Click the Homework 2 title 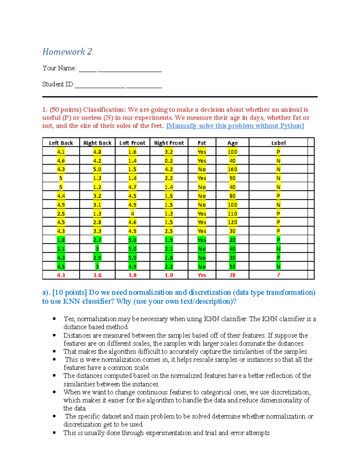tap(67, 52)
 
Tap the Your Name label tap(59, 68)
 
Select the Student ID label tap(58, 84)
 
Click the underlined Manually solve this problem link tap(235, 126)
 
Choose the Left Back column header tap(61, 143)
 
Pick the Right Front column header tap(169, 143)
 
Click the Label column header tap(278, 143)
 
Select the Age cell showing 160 tap(232, 169)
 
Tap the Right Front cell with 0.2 tap(169, 161)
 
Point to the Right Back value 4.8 tap(97, 152)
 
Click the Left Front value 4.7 tap(132, 187)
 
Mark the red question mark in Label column tap(278, 275)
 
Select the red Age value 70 tap(232, 275)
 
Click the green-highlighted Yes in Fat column tap(202, 240)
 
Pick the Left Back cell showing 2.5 tap(61, 214)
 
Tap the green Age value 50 tap(232, 266)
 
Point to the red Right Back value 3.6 tap(97, 275)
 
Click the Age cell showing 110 tap(232, 214)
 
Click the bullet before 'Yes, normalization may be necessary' tap(54, 319)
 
